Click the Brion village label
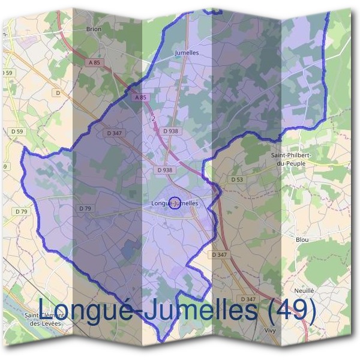(94, 29)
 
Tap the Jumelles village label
(186, 53)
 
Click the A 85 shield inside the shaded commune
(140, 97)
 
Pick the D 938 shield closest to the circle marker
(164, 170)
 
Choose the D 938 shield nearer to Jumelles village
(170, 131)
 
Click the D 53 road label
(238, 179)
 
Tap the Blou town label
(302, 239)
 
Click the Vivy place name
(269, 329)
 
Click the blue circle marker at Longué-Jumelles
(175, 203)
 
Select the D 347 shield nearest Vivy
(247, 299)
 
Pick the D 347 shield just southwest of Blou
(220, 255)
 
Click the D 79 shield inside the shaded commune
(85, 208)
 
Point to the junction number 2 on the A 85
(153, 119)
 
